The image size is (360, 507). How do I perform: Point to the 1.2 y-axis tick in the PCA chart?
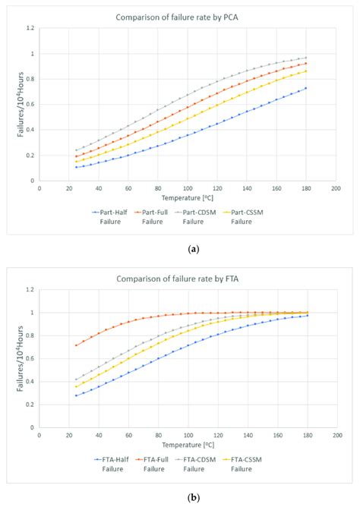point(30,28)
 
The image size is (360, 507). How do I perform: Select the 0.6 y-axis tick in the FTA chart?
point(30,358)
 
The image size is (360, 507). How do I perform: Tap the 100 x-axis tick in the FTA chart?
point(187,434)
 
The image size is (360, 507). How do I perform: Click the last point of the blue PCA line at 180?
point(305,88)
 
